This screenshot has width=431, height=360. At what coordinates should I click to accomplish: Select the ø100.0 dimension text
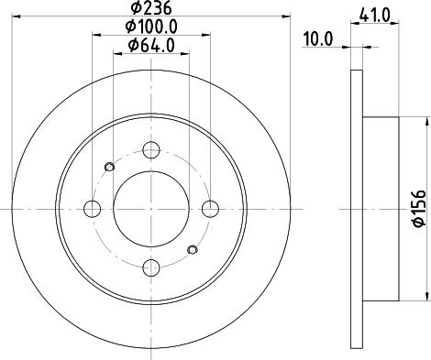pos(152,27)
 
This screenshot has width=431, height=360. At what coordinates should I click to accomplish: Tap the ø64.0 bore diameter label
pos(152,46)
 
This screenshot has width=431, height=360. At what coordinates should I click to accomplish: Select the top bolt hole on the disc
pos(152,147)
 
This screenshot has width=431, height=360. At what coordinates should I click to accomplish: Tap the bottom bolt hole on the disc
pos(152,267)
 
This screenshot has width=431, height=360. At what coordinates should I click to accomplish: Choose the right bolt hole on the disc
pos(212,207)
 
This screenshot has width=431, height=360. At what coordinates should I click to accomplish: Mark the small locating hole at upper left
pos(111,166)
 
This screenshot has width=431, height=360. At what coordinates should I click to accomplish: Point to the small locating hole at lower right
pos(193,248)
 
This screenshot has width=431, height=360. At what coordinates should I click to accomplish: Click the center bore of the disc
pos(152,207)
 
